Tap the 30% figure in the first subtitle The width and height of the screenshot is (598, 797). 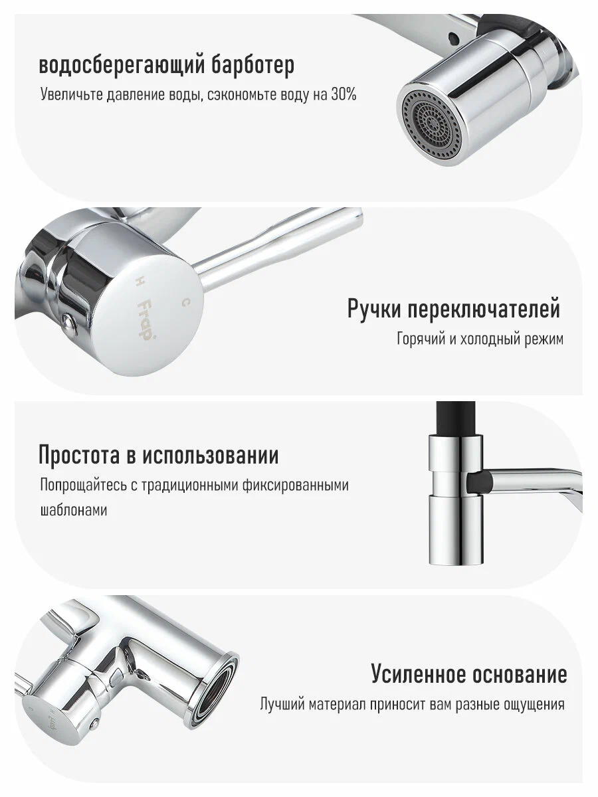(x=342, y=94)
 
